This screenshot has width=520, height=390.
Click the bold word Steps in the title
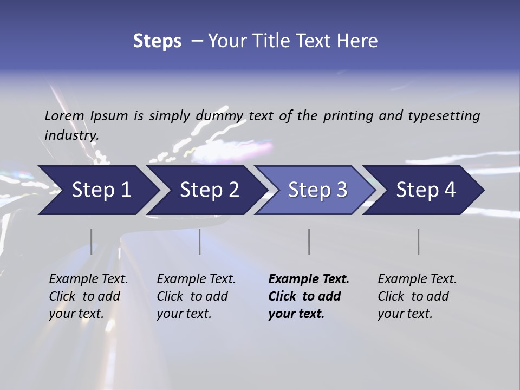pos(157,41)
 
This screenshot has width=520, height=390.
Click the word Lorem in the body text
pos(64,116)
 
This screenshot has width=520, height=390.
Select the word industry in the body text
pos(71,135)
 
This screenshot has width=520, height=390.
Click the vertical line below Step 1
pos(91,242)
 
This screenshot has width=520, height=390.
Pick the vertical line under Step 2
pos(200,242)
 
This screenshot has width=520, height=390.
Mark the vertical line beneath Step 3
pos(309,242)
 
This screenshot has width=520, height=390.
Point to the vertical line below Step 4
pos(418,242)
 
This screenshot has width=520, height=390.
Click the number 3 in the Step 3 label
pos(341,190)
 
